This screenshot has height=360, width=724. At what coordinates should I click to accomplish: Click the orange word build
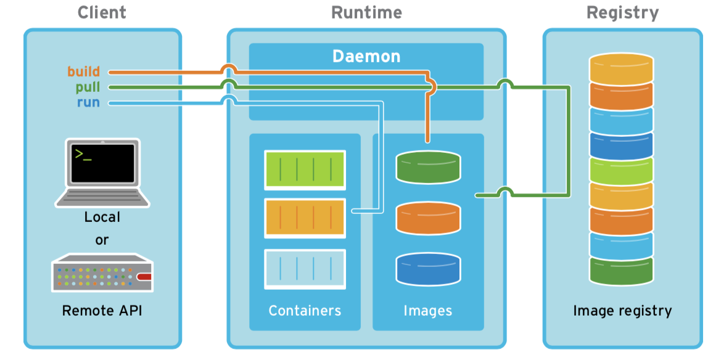click(x=83, y=72)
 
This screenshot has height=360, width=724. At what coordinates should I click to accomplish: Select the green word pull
click(x=88, y=87)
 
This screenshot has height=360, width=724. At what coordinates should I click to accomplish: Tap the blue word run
click(x=88, y=102)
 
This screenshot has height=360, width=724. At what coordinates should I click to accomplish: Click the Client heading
click(x=102, y=12)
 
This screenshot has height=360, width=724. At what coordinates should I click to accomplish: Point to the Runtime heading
click(x=366, y=12)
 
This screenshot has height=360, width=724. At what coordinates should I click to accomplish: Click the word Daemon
click(x=366, y=57)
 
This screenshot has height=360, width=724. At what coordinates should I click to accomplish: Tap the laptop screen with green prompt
click(x=102, y=163)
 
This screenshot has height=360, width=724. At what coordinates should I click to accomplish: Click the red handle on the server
click(x=144, y=277)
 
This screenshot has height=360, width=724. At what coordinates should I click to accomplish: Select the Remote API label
click(x=102, y=310)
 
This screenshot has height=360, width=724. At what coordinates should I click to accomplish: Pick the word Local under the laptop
click(x=102, y=217)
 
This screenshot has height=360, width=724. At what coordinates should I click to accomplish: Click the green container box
click(x=305, y=169)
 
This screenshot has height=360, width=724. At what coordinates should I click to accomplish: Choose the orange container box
click(x=305, y=218)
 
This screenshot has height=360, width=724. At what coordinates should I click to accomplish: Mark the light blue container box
click(x=305, y=269)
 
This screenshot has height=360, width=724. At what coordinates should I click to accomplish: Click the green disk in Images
click(x=428, y=168)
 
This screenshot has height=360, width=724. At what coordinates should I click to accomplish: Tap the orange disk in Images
click(x=428, y=218)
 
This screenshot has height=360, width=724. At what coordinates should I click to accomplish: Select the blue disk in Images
click(x=428, y=269)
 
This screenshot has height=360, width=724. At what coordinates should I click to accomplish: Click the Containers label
click(x=305, y=310)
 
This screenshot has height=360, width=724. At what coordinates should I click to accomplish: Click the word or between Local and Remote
click(x=102, y=240)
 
